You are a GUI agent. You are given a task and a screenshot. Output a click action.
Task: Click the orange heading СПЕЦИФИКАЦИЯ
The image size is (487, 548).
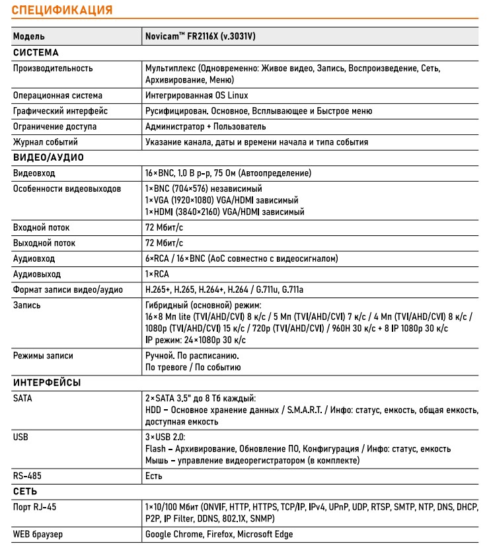[62, 10]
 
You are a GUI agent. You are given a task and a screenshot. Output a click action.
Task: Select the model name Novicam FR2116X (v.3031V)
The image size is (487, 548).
[200, 36]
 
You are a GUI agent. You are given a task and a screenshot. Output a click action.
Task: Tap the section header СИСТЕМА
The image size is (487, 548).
[36, 52]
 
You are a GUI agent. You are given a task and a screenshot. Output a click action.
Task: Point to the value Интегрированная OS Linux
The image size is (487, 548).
[197, 95]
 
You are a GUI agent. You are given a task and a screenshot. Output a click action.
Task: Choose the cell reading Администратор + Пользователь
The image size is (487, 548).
[206, 126]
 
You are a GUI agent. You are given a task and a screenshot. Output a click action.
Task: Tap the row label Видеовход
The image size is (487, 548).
[34, 173]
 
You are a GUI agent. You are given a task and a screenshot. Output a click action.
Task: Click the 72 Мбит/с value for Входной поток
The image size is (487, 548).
[165, 227]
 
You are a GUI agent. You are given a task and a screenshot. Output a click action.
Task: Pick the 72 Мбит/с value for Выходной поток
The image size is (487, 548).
[165, 243]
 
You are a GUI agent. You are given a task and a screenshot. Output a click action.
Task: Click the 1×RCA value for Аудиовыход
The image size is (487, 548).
[157, 274]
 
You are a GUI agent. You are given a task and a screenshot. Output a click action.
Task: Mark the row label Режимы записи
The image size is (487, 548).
[43, 356]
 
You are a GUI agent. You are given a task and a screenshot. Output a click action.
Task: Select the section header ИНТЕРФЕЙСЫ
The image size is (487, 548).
[47, 383]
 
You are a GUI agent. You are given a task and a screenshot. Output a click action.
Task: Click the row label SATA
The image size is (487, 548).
[22, 399]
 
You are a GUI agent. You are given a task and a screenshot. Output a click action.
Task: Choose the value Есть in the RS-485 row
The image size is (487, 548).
[153, 476]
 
